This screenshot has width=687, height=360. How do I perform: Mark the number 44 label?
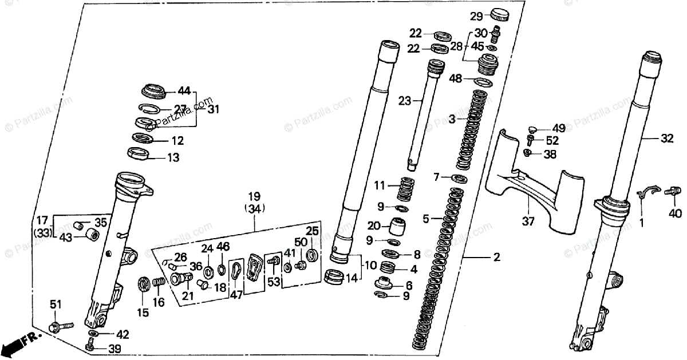coord(184,90)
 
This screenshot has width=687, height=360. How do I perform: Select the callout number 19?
coord(254,196)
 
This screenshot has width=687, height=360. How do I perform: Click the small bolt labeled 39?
coord(90,346)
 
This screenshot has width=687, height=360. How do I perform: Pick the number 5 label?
coord(426,219)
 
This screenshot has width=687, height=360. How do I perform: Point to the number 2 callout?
coord(497,258)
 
